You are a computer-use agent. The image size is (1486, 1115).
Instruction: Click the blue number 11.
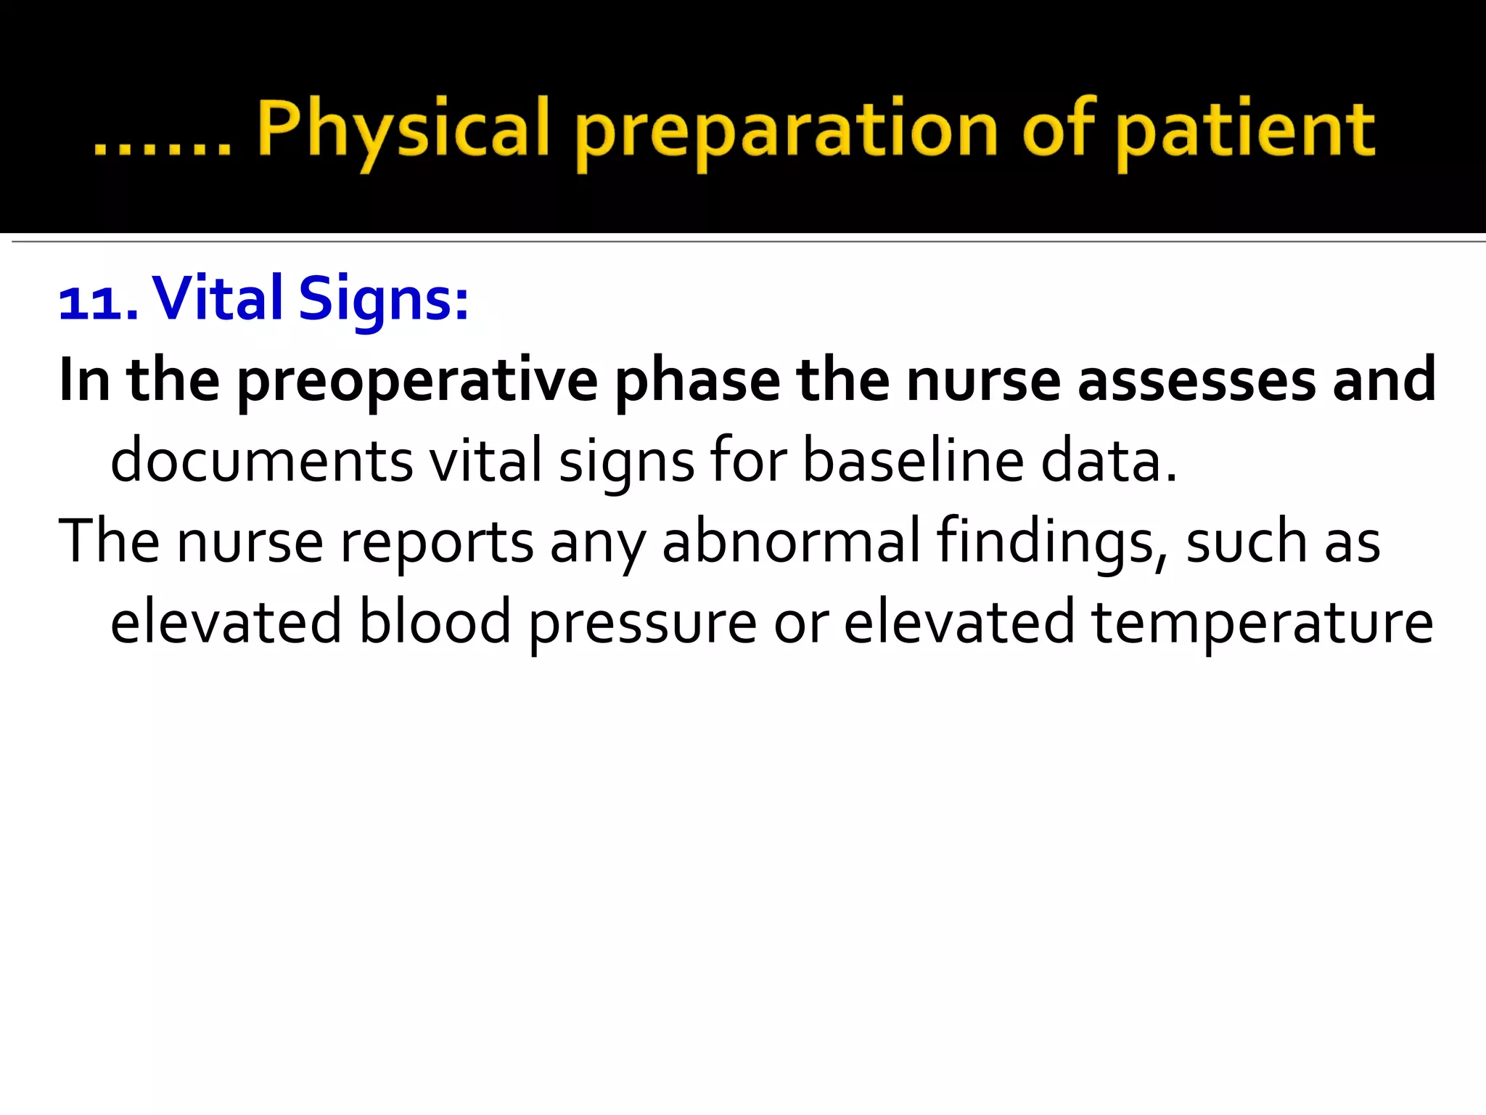pyautogui.click(x=97, y=301)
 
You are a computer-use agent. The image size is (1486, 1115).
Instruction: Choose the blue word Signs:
pyautogui.click(x=384, y=300)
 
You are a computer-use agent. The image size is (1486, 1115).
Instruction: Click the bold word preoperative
pyautogui.click(x=417, y=381)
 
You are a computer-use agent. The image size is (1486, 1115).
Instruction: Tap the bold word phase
pyautogui.click(x=697, y=381)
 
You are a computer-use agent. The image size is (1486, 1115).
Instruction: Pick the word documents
pyautogui.click(x=261, y=461)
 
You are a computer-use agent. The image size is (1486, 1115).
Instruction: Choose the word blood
pyautogui.click(x=435, y=621)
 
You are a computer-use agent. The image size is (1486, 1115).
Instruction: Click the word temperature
pyautogui.click(x=1263, y=623)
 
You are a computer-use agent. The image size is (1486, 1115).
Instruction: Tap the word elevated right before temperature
pyautogui.click(x=958, y=621)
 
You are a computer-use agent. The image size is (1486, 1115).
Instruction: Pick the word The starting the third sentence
pyautogui.click(x=109, y=540)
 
